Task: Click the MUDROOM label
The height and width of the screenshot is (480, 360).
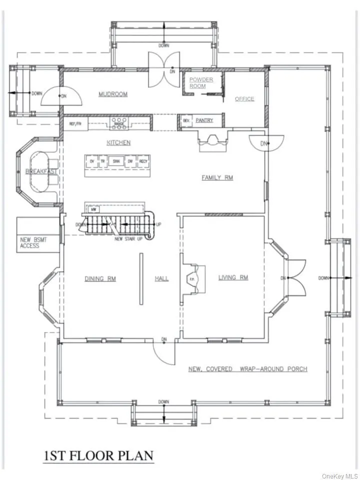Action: point(112,94)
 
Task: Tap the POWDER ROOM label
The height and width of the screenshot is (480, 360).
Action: point(201,83)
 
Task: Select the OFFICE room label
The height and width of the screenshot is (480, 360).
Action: point(244,99)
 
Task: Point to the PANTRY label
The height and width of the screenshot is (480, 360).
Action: point(204,120)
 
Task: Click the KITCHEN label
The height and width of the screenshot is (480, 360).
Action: point(118,142)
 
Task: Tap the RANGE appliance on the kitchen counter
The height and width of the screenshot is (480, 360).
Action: point(119,121)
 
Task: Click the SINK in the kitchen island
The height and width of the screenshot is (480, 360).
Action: point(116,161)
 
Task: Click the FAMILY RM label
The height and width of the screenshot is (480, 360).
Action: point(217,177)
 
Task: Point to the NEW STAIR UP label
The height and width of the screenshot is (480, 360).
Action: point(128,239)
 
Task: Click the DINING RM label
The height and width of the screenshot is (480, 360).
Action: point(100,278)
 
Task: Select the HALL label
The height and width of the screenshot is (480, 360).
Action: point(161,278)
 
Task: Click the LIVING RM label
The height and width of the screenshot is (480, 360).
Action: point(233,278)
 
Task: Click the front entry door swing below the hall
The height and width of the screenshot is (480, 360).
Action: point(164,353)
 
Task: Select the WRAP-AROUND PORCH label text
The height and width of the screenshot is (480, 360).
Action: point(247,369)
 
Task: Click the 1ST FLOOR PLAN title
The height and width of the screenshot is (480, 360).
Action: point(97,456)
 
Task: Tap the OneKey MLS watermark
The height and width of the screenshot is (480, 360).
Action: point(340,475)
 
